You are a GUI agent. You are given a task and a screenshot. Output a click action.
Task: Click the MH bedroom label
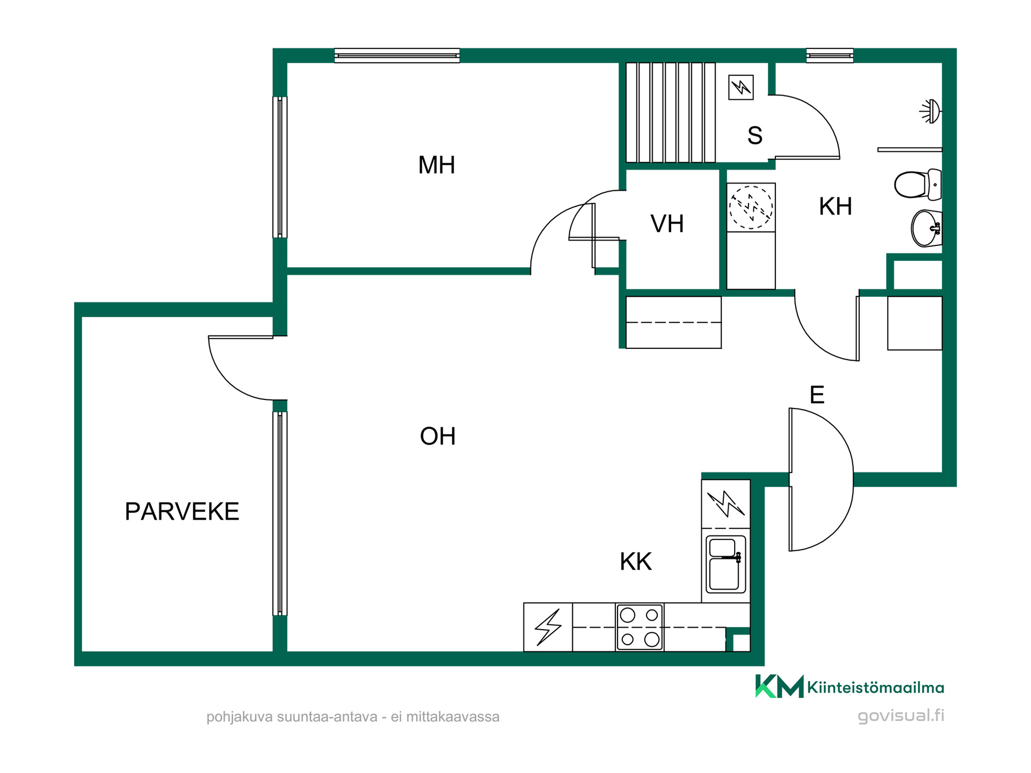pos(437,165)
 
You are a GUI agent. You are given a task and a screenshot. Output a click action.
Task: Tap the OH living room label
pos(438,436)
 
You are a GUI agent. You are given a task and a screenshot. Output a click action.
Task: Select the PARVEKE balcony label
pos(182,512)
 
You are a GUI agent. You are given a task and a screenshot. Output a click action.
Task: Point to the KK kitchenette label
pos(636,561)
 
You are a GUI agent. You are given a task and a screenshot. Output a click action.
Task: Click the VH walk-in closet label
pos(667,224)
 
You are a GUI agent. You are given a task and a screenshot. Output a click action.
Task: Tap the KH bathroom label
pos(836,206)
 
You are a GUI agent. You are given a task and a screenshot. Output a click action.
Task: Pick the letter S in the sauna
pos(755,136)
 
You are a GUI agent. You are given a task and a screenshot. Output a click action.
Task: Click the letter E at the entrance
pos(817,395)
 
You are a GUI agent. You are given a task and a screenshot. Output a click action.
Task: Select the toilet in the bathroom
pos(918,184)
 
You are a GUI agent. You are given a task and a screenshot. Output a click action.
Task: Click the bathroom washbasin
pos(927,228)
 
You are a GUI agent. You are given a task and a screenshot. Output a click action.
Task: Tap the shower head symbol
pos(931,111)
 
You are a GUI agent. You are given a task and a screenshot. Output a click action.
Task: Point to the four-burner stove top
pos(639,628)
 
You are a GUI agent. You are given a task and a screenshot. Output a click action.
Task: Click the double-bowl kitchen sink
pos(725,564)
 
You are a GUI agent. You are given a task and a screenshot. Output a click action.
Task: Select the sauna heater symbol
pos(741,87)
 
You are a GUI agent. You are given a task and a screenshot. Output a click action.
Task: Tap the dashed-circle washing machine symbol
pos(751,207)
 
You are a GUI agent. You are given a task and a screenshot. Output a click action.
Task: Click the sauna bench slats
pos(671,112)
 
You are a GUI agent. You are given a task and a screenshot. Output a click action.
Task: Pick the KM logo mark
pos(779,686)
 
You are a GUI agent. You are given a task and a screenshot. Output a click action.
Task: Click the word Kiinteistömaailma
pos(875,688)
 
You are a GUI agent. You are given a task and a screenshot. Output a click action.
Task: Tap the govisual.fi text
pos(901,716)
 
